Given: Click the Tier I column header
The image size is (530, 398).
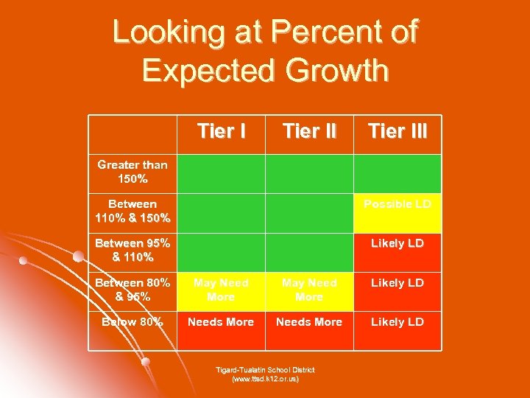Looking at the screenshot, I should [221, 132].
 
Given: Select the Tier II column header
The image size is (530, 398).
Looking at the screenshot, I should [309, 132].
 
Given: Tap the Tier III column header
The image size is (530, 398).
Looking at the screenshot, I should [397, 132].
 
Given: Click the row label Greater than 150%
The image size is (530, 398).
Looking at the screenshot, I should [132, 172].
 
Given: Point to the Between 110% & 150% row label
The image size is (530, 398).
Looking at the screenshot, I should [132, 211].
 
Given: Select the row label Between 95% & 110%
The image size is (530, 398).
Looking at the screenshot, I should [132, 250].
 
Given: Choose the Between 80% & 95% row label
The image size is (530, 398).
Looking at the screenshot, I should [132, 290].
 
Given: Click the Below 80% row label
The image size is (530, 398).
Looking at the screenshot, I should [132, 322].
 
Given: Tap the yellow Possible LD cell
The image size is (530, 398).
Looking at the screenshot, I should [397, 203].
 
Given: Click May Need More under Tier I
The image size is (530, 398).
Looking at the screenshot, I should [221, 290].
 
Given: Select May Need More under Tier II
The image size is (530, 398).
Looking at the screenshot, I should [309, 290].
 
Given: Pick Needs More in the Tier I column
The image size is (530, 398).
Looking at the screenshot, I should [221, 322].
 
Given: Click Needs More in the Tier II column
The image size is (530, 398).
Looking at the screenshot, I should [309, 322].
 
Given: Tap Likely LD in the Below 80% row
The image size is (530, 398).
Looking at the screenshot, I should [397, 322].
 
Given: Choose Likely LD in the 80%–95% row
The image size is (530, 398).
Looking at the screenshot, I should [397, 283].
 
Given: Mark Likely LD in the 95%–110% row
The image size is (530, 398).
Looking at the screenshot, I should [397, 243].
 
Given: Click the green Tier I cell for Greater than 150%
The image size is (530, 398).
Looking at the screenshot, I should [221, 173].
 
